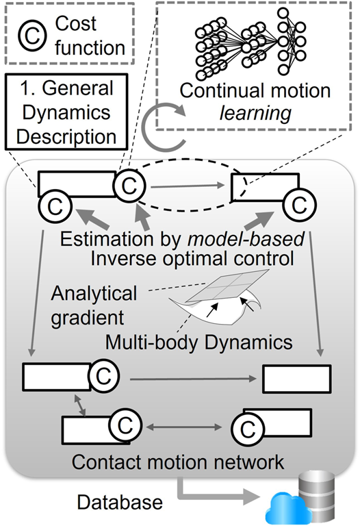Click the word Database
coord(119,503)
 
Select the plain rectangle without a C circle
coord(297,377)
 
